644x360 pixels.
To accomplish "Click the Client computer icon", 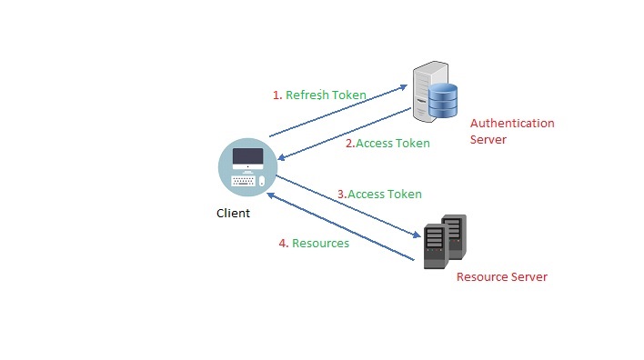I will pos(247,169).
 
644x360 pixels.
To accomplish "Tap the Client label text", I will pos(233,214).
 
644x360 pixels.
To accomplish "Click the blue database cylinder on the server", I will pos(444,99).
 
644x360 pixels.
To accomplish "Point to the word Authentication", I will pos(511,124).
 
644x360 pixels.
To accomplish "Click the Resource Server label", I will pos(501,277).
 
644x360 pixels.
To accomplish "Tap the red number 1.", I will pos(277,95).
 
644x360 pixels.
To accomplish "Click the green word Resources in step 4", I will pos(320,244).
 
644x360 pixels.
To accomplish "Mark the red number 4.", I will pos(281,244).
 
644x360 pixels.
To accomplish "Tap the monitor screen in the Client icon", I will pos(247,158).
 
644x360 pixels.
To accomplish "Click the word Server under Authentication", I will pos(488,140).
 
